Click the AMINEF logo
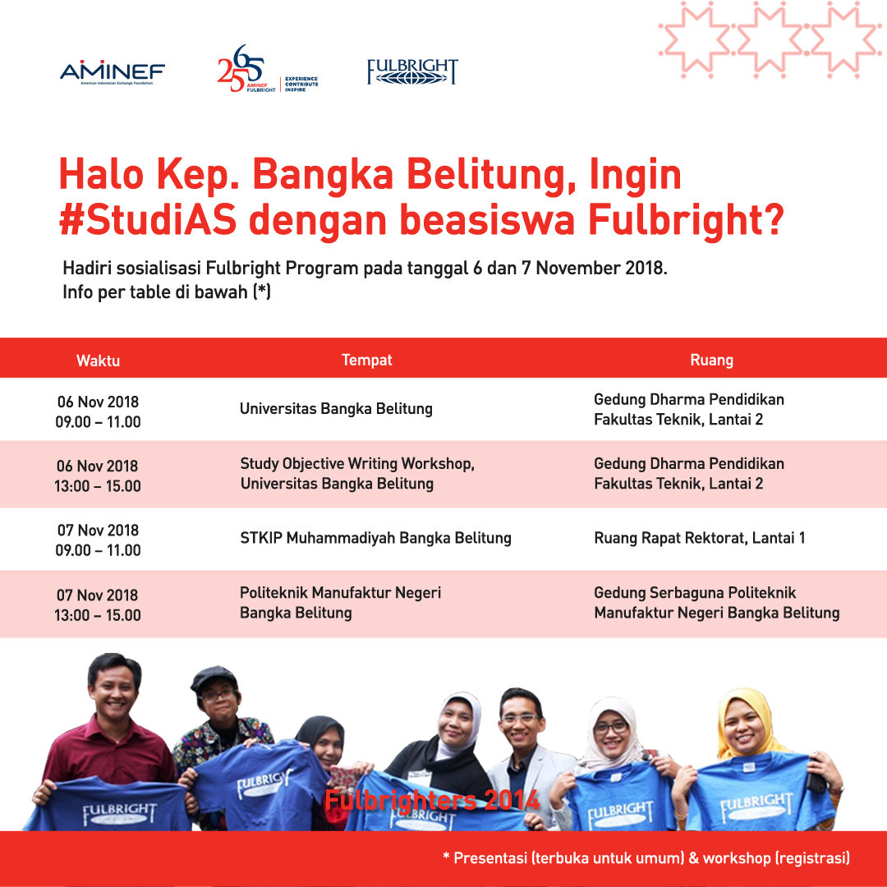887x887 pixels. pos(113,73)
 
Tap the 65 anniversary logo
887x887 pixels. pos(268,69)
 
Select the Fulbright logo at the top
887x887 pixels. pos(412,71)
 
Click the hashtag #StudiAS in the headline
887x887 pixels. pos(148,219)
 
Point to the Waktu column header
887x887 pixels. pos(98,361)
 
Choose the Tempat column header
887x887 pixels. pos(366,360)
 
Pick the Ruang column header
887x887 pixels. pos(711,360)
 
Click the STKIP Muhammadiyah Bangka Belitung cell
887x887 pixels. pos(375,538)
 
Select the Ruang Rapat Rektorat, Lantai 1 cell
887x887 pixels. pos(700,538)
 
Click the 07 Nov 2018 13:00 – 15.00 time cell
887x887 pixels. pos(97,604)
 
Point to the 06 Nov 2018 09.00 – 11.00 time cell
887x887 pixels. pos(98,411)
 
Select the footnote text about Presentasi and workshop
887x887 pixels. pos(646,858)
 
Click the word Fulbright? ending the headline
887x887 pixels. pos(686,219)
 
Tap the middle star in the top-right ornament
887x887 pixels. pos(770,39)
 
